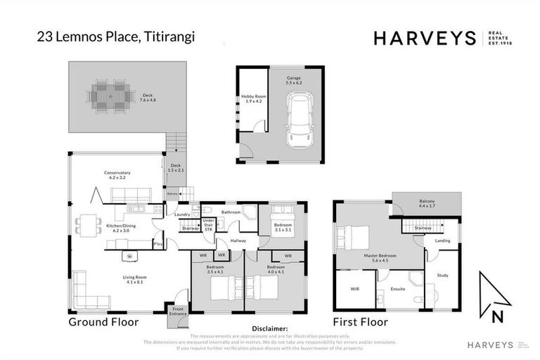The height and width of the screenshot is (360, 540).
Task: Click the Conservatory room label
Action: click(117, 174)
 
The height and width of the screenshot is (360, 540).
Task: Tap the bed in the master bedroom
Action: click(356, 236)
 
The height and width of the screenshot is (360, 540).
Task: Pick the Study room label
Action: click(442, 275)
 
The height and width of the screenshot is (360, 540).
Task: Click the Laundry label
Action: click(183, 214)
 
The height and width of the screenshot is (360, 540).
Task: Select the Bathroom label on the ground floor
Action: click(231, 212)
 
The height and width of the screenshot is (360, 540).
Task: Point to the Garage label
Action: click(294, 79)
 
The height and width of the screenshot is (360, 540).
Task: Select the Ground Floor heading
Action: click(103, 323)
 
